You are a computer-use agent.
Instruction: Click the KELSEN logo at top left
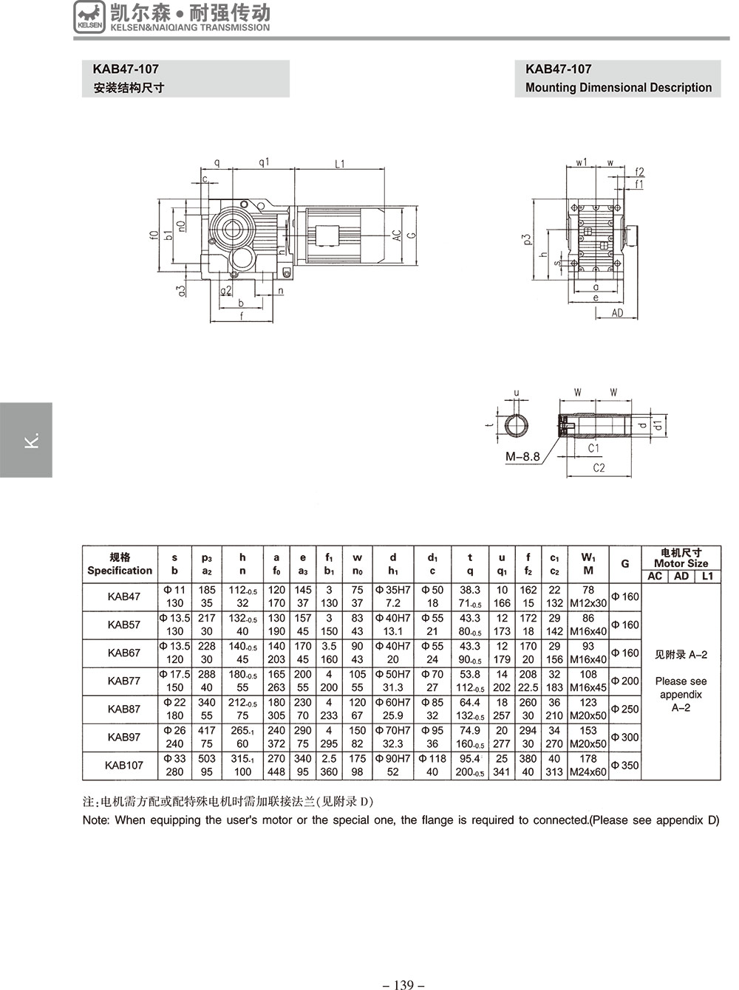pyautogui.click(x=89, y=17)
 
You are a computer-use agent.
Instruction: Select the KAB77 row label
pyautogui.click(x=123, y=681)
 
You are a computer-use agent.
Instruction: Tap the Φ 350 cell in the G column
pyautogui.click(x=624, y=766)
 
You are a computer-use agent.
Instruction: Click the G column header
pyautogui.click(x=624, y=564)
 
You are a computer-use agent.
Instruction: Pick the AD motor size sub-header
pyautogui.click(x=681, y=576)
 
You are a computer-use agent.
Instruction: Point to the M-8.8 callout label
pyautogui.click(x=522, y=456)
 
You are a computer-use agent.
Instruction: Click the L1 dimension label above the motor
pyautogui.click(x=339, y=164)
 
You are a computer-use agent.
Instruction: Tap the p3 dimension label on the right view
pyautogui.click(x=527, y=239)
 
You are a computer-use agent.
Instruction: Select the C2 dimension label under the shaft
pyautogui.click(x=599, y=468)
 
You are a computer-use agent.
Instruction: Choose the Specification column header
pyautogui.click(x=120, y=571)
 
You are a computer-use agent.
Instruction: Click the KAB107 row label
pyautogui.click(x=123, y=766)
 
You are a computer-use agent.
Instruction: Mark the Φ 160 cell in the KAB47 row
pyautogui.click(x=624, y=597)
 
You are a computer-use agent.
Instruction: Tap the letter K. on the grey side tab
pyautogui.click(x=32, y=440)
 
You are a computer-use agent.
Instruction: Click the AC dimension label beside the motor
pyautogui.click(x=396, y=236)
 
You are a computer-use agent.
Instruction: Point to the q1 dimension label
pyautogui.click(x=264, y=162)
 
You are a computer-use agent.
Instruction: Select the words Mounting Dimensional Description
pyautogui.click(x=619, y=88)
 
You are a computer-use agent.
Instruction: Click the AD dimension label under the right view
pyautogui.click(x=617, y=313)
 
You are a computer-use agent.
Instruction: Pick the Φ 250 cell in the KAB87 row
pyautogui.click(x=624, y=709)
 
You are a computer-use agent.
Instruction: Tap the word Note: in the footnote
pyautogui.click(x=96, y=820)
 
